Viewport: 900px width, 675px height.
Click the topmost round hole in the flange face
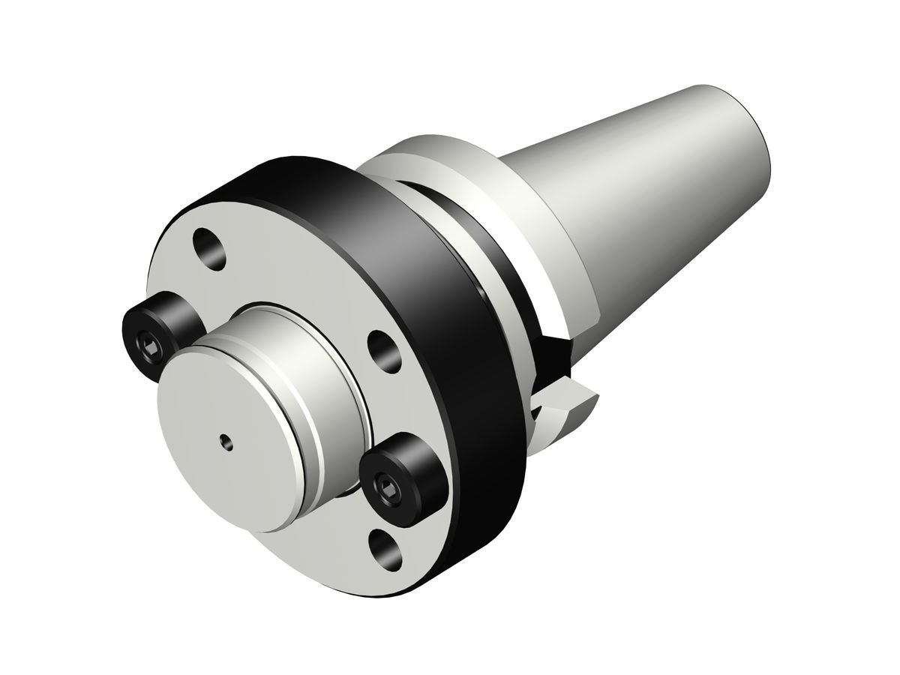[x=209, y=250]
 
